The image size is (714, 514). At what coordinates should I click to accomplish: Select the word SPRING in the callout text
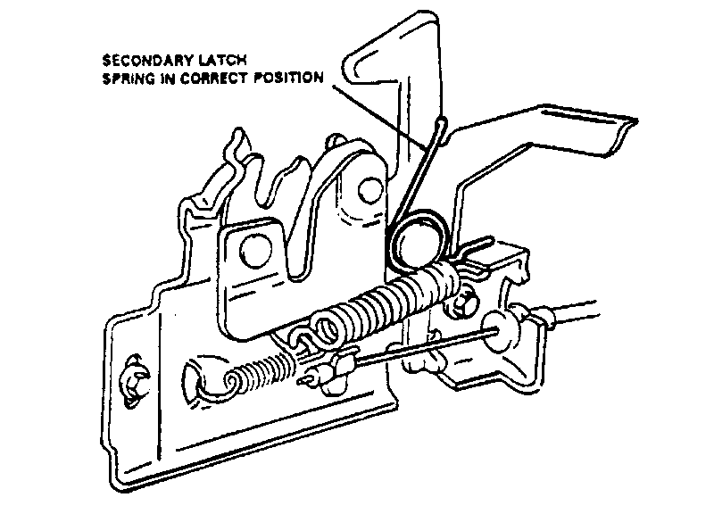129,78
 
